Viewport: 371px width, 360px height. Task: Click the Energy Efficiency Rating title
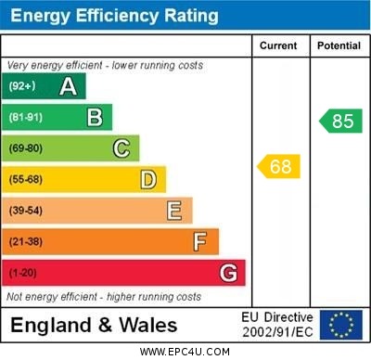tap(114, 16)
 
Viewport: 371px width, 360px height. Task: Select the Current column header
tap(278, 45)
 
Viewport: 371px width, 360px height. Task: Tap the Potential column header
tap(339, 45)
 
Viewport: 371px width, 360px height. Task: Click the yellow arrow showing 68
tap(278, 167)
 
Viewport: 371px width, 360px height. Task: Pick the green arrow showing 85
tap(340, 121)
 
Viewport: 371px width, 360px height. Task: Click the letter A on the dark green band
tap(68, 86)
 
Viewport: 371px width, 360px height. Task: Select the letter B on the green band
tap(95, 117)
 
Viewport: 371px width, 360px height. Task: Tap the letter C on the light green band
tap(122, 148)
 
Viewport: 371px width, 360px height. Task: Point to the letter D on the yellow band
tap(148, 179)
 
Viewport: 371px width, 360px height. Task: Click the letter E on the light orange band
tap(174, 211)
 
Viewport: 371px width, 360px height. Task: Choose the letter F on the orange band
tap(200, 241)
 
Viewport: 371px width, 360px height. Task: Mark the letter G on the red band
tap(228, 273)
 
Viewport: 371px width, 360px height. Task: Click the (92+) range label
tap(22, 86)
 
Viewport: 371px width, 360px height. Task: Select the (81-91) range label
tap(26, 117)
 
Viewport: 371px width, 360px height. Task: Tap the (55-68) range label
tap(26, 179)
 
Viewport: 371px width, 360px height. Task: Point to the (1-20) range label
tap(23, 273)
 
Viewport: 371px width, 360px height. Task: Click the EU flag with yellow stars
tap(341, 325)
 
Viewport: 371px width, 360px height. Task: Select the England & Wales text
tap(94, 326)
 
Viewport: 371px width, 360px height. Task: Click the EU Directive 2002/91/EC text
tap(277, 325)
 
